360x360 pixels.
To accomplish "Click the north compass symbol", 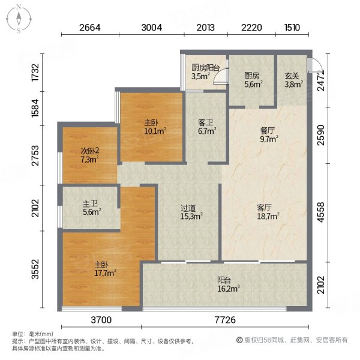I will [x=19, y=18].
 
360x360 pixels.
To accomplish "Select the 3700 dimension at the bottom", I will [x=102, y=321].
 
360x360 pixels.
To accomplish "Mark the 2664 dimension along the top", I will [x=89, y=27].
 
